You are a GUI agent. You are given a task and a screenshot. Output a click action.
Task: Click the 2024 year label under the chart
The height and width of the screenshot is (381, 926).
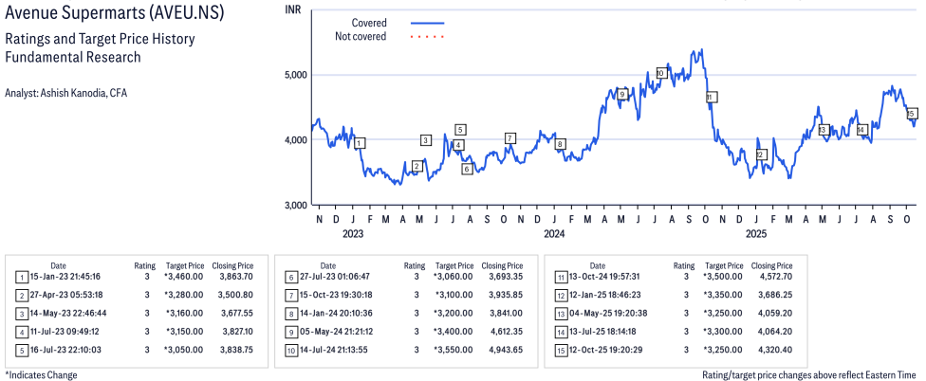(554, 233)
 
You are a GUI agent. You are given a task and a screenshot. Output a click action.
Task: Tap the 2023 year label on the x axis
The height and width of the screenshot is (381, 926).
(353, 233)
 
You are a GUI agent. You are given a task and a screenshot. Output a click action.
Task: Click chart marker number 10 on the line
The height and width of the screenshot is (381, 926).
(661, 73)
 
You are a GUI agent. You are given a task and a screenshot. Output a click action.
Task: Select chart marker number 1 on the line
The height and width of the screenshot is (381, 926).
(360, 143)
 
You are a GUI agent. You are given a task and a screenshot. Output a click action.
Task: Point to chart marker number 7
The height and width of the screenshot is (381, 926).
(510, 138)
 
